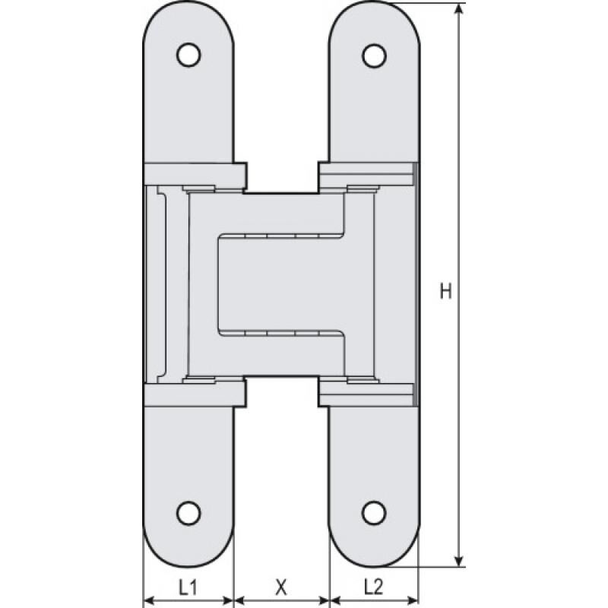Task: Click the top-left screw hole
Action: point(188,55)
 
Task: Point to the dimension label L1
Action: point(188,586)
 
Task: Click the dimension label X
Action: point(281,586)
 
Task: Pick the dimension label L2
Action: point(373,586)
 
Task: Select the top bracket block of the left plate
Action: point(194,175)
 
